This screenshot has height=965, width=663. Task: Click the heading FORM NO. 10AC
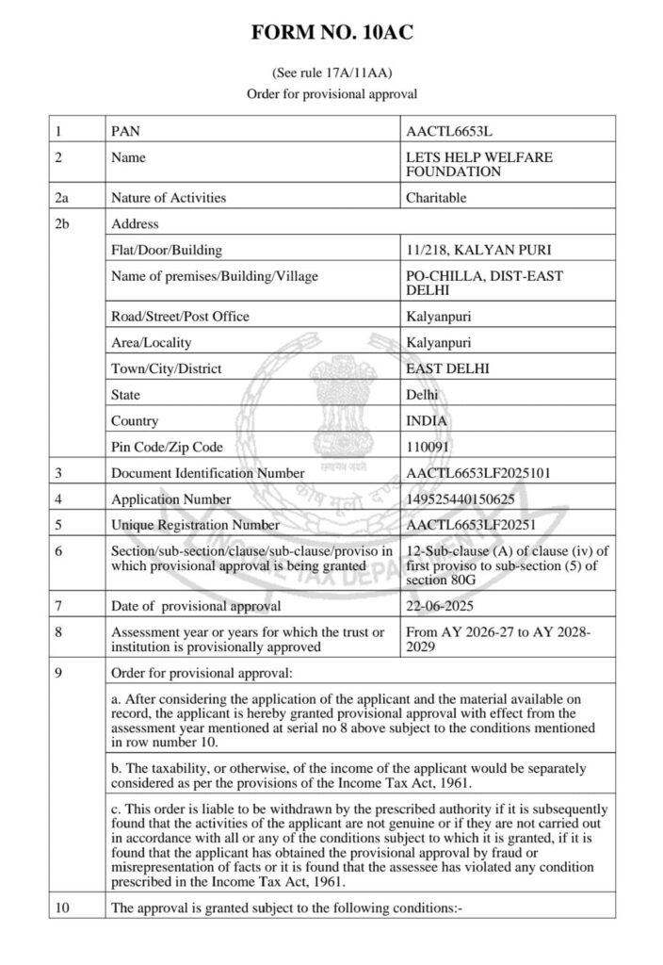pyautogui.click(x=331, y=34)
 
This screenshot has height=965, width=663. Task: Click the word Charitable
pyautogui.click(x=436, y=198)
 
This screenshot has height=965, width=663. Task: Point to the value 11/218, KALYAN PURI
pyautogui.click(x=477, y=250)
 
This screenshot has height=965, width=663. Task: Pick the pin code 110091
pyautogui.click(x=428, y=446)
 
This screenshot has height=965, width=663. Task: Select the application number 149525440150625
pyautogui.click(x=462, y=499)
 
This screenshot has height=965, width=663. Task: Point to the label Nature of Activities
pyautogui.click(x=169, y=198)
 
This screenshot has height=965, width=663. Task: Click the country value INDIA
pyautogui.click(x=426, y=420)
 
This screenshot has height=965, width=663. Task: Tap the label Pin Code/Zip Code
pyautogui.click(x=167, y=446)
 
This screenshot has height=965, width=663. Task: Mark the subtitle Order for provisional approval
pyautogui.click(x=331, y=94)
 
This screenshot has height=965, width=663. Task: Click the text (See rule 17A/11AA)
pyautogui.click(x=331, y=72)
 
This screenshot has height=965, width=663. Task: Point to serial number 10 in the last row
pyautogui.click(x=62, y=908)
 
